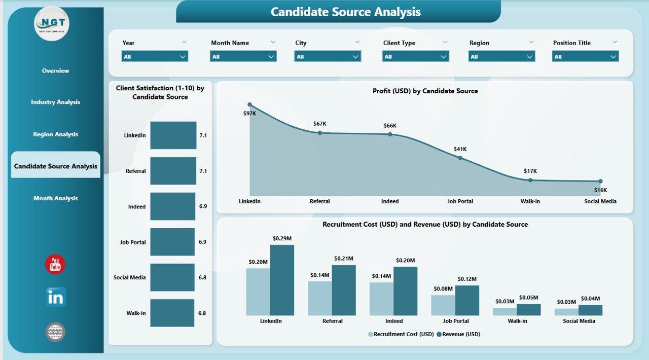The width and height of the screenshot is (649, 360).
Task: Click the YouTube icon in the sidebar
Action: (x=55, y=265)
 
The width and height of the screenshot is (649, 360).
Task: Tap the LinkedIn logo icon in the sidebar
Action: (x=55, y=298)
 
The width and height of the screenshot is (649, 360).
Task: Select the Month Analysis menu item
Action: (x=55, y=198)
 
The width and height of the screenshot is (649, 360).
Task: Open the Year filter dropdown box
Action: (x=155, y=57)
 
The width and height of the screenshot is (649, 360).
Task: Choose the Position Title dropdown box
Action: (x=585, y=57)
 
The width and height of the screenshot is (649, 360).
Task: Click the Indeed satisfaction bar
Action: (x=172, y=206)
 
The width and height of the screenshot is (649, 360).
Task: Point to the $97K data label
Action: (x=249, y=114)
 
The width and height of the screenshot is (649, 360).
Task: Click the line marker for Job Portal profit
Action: (x=460, y=158)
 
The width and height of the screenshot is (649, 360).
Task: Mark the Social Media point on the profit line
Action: (x=600, y=181)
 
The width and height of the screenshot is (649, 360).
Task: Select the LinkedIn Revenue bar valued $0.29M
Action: (x=282, y=280)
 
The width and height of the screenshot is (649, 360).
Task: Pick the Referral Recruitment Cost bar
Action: (x=319, y=298)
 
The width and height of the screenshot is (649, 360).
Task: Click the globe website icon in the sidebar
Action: (x=55, y=332)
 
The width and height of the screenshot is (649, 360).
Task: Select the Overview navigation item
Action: (x=55, y=71)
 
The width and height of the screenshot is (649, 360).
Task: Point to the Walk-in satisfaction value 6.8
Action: (x=202, y=313)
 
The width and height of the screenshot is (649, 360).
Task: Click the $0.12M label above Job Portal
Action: (x=467, y=279)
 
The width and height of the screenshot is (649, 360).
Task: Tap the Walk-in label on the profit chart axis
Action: (x=530, y=201)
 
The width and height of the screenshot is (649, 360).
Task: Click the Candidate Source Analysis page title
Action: (x=345, y=12)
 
